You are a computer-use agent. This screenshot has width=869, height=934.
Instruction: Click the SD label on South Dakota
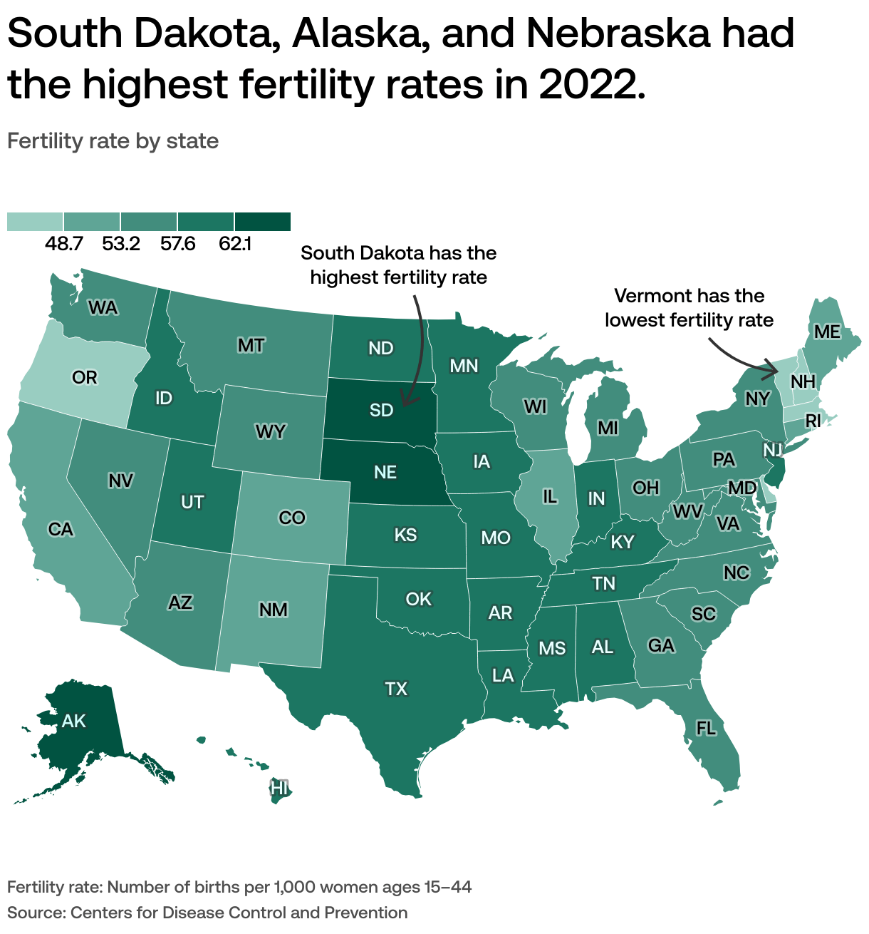(382, 410)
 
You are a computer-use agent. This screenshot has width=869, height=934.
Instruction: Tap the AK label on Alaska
(73, 721)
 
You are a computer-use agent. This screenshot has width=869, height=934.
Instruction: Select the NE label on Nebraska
(385, 472)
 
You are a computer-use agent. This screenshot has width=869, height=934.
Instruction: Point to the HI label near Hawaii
(280, 788)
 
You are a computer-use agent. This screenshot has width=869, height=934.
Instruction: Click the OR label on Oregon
(85, 377)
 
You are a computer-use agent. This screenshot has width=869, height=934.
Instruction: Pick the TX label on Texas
(396, 689)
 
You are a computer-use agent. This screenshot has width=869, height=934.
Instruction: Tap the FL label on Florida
(705, 728)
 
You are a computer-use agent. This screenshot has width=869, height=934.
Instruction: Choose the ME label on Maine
(828, 332)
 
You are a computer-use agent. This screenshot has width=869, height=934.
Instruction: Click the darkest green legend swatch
(263, 222)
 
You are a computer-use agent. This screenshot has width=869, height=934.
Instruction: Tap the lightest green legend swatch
(35, 222)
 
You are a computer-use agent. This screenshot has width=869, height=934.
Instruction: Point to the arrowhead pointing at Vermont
(775, 370)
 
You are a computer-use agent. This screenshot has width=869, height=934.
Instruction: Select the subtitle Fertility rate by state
(113, 141)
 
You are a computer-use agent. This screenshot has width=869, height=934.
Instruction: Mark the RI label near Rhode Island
(813, 421)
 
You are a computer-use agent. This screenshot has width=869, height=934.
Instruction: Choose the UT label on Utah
(192, 502)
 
